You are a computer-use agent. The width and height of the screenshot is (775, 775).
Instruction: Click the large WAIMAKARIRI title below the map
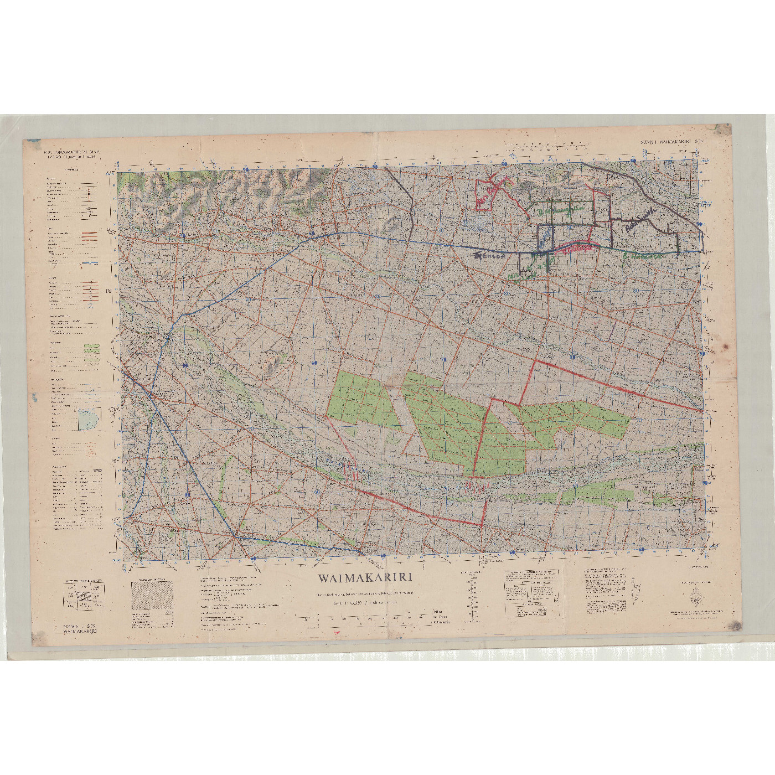pyautogui.click(x=365, y=578)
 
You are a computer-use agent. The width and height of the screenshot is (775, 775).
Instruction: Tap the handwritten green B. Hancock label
pyautogui.click(x=642, y=256)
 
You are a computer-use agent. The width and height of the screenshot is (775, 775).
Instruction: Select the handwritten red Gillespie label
pyautogui.click(x=577, y=249)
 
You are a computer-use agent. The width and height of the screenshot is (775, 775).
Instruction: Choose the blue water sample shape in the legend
pyautogui.click(x=89, y=419)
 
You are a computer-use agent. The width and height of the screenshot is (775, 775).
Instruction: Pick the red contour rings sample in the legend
pyautogui.click(x=91, y=452)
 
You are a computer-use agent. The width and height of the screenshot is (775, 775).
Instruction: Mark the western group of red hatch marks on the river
pyautogui.click(x=350, y=472)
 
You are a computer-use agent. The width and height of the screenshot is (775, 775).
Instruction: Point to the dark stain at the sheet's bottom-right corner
pyautogui.click(x=735, y=626)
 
